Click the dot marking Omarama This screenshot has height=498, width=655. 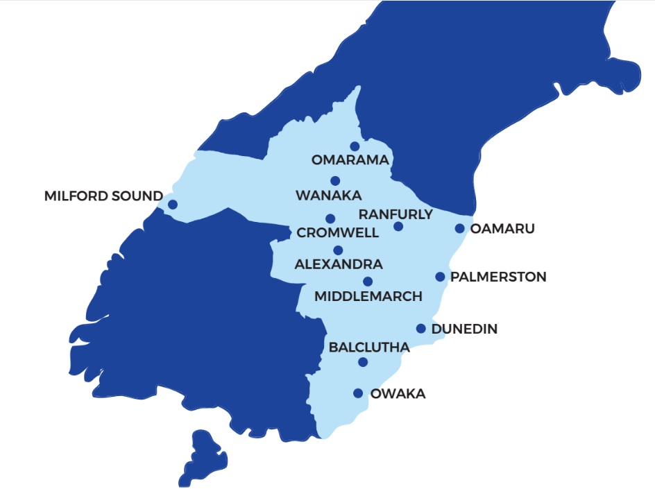[355, 146]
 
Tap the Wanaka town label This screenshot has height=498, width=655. [329, 196]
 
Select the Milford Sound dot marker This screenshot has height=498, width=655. [172, 204]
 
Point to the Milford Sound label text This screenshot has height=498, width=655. [103, 196]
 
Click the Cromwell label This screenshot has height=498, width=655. [338, 233]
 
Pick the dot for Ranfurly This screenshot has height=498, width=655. [398, 226]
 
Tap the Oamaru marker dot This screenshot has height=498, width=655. [459, 228]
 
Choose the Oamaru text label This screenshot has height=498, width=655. [503, 228]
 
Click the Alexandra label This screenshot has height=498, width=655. [339, 264]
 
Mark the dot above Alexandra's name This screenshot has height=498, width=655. [338, 250]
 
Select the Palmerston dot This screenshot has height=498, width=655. [440, 277]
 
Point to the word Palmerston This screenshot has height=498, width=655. [498, 277]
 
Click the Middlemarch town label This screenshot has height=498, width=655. [368, 296]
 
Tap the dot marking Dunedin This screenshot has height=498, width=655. [421, 329]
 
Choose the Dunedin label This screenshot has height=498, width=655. [464, 329]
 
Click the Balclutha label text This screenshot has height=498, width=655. [369, 347]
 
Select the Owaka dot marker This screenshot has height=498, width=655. [358, 393]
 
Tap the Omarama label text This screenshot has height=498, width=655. [350, 160]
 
